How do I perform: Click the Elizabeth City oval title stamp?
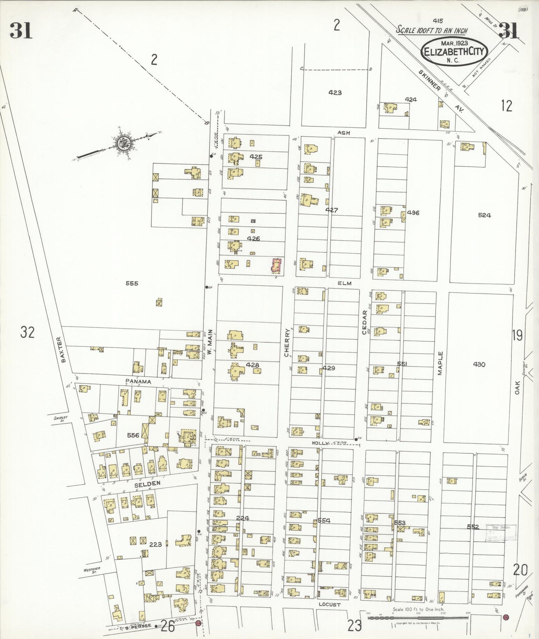pos(454,51)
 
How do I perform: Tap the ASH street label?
pos(344,132)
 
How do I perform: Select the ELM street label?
pos(344,283)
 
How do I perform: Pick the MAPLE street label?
pos(440,363)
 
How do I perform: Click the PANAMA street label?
pos(138,381)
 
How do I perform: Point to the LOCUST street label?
pos(329,604)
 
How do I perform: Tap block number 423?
pos(335,92)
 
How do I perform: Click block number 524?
pos(484,215)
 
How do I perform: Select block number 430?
pos(479,364)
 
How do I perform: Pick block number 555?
pos(132,283)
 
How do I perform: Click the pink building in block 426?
pos(276,267)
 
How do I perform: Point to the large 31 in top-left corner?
pos(21,31)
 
